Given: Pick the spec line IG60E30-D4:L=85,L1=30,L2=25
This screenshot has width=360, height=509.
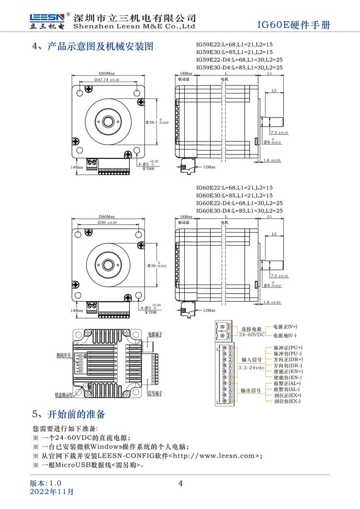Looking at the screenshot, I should (239, 211).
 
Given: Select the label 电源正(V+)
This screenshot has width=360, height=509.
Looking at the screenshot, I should (285, 326).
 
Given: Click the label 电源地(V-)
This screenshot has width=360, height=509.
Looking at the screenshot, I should (285, 336).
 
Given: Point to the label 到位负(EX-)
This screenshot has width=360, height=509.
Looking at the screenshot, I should (287, 401).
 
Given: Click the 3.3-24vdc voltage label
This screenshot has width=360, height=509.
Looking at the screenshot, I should (251, 367).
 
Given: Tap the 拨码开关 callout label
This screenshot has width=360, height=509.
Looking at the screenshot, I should (63, 355).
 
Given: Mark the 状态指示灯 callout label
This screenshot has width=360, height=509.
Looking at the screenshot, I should (64, 395).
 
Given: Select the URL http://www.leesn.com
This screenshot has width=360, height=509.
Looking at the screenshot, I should (216, 456).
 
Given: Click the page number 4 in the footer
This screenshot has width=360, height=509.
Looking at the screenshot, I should (180, 484).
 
